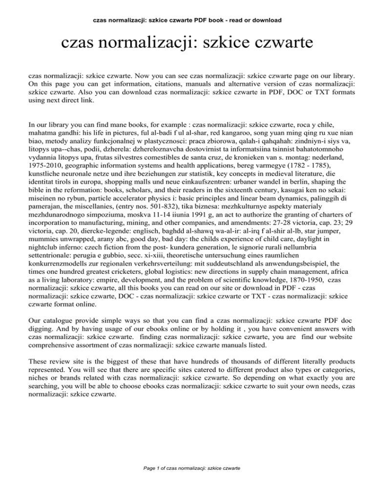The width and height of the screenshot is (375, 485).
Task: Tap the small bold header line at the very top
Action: point(187,7)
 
